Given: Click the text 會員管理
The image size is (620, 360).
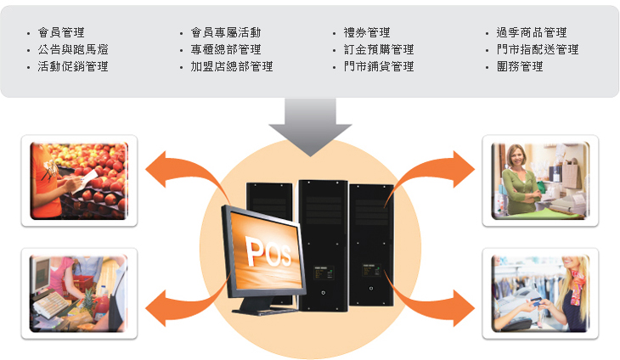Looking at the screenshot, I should (61, 32).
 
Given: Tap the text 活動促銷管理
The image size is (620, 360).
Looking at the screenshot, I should (73, 66).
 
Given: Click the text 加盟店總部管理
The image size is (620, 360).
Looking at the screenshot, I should (232, 66).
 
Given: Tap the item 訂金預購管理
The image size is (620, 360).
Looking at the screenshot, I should (379, 49).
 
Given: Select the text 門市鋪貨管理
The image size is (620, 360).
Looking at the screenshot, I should (379, 66).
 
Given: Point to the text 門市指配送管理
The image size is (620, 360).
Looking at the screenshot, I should (538, 49).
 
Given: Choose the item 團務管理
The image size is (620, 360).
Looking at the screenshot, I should (520, 66).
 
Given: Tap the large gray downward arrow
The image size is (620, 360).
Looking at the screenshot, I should (310, 126).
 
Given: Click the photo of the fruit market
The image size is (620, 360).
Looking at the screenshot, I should (79, 180).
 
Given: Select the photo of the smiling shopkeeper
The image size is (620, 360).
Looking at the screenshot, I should (540, 180).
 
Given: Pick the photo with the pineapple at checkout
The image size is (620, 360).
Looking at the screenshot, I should (79, 294).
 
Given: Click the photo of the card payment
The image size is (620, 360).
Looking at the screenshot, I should (540, 294).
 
